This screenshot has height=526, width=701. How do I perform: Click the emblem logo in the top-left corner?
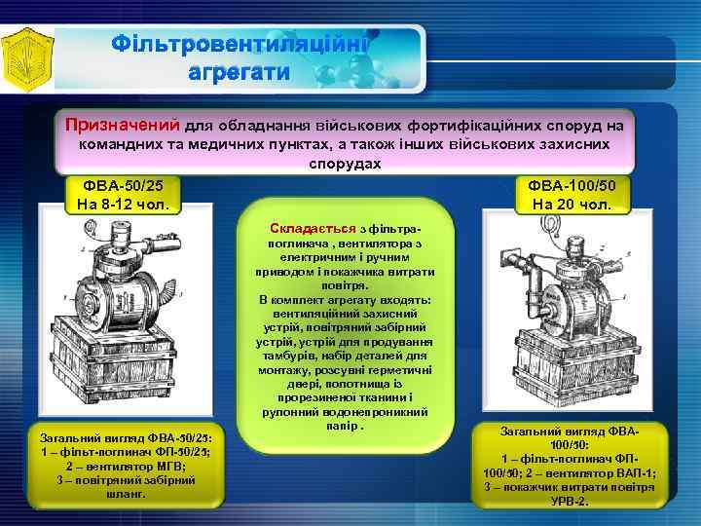point(27,56)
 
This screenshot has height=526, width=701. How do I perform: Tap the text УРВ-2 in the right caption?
point(571,500)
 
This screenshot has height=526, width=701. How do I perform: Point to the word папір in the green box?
point(344,426)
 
